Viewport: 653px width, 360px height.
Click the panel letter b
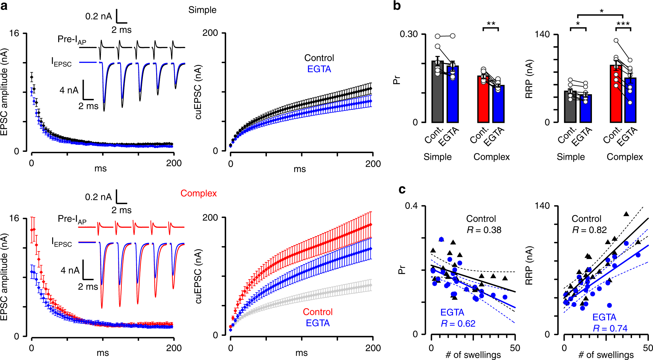pyautogui.click(x=397, y=6)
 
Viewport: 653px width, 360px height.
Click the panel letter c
pyautogui.click(x=402, y=189)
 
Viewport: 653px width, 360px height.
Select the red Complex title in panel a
pyautogui.click(x=198, y=193)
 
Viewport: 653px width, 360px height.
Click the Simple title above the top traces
pyautogui.click(x=202, y=10)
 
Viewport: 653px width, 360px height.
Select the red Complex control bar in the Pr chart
pyautogui.click(x=483, y=99)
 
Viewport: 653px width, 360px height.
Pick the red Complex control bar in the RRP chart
pyautogui.click(x=616, y=94)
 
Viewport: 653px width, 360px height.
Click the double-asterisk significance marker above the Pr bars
pyautogui.click(x=491, y=24)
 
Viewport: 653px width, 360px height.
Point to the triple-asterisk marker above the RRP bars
pyautogui.click(x=623, y=24)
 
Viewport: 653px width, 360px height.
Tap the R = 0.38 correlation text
pyautogui.click(x=484, y=230)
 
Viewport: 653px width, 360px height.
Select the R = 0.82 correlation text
pyautogui.click(x=589, y=230)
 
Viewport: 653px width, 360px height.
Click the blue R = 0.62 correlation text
pyautogui.click(x=458, y=323)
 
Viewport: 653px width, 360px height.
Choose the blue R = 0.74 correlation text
pyautogui.click(x=610, y=328)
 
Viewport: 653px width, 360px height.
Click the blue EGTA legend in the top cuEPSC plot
pyautogui.click(x=319, y=69)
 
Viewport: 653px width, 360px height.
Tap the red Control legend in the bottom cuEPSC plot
pyautogui.click(x=317, y=312)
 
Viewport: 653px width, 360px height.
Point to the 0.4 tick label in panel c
pyautogui.click(x=411, y=206)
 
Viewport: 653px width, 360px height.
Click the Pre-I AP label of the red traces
pyautogui.click(x=72, y=219)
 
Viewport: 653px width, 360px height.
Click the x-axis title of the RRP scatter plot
pyautogui.click(x=606, y=355)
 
